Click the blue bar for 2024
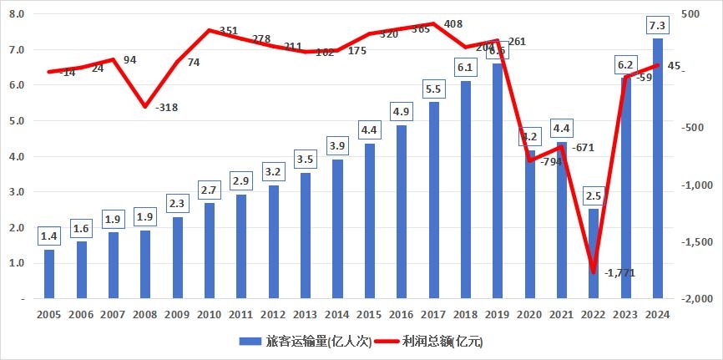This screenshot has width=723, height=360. tap(658, 168)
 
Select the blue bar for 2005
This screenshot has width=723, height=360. tap(48, 274)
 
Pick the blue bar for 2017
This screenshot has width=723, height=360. tap(433, 200)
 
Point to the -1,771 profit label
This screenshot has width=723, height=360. tap(619, 272)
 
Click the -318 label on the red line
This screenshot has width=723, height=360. tap(167, 108)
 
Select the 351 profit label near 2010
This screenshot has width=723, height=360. tap(228, 31)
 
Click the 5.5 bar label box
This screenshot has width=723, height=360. tap(433, 88)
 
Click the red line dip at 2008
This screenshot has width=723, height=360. tap(144, 106)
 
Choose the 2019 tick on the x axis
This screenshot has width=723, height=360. tap(498, 314)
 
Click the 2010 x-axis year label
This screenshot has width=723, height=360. tap(209, 314)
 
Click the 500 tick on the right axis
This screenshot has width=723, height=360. tap(692, 14)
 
